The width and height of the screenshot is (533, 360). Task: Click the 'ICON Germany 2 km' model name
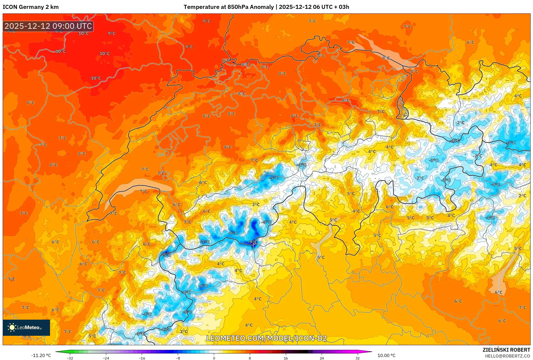click(31, 7)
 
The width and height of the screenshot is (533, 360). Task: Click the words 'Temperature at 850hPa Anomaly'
click(229, 7)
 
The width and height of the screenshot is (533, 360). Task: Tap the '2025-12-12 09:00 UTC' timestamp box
click(48, 26)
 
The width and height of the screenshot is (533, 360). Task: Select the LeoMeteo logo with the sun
click(26, 327)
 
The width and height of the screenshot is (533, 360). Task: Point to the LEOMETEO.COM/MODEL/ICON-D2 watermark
click(266, 338)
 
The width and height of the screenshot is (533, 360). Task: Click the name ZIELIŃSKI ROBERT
click(506, 350)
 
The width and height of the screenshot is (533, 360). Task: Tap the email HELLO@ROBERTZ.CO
click(507, 356)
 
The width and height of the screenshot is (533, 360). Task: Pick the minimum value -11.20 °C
click(41, 355)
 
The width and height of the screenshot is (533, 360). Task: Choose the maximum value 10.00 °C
click(386, 355)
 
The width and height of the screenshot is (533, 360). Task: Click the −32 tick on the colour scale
click(70, 358)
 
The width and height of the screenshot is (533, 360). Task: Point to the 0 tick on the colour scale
click(214, 358)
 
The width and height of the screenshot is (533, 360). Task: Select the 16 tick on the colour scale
click(286, 358)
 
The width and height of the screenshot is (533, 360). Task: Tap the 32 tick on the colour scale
click(357, 358)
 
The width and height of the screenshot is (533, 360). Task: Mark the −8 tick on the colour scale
click(178, 358)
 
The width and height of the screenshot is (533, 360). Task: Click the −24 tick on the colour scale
click(106, 358)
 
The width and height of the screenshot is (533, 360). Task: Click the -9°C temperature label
click(253, 242)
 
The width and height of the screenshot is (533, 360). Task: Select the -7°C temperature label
click(205, 242)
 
